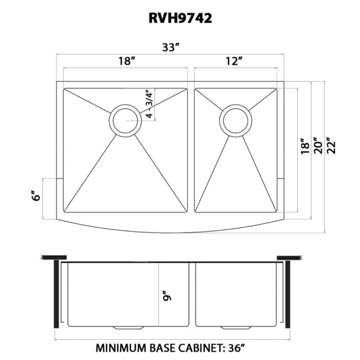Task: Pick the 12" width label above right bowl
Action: [x=234, y=62]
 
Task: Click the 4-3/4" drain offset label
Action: [x=149, y=104]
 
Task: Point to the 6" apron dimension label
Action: [x=35, y=197]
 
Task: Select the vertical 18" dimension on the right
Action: [x=305, y=146]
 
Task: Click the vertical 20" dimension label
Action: [x=319, y=146]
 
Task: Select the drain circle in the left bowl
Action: [x=124, y=120]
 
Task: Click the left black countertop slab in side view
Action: [x=55, y=257]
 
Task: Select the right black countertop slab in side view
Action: [x=289, y=257]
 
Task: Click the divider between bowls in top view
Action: [x=191, y=149]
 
